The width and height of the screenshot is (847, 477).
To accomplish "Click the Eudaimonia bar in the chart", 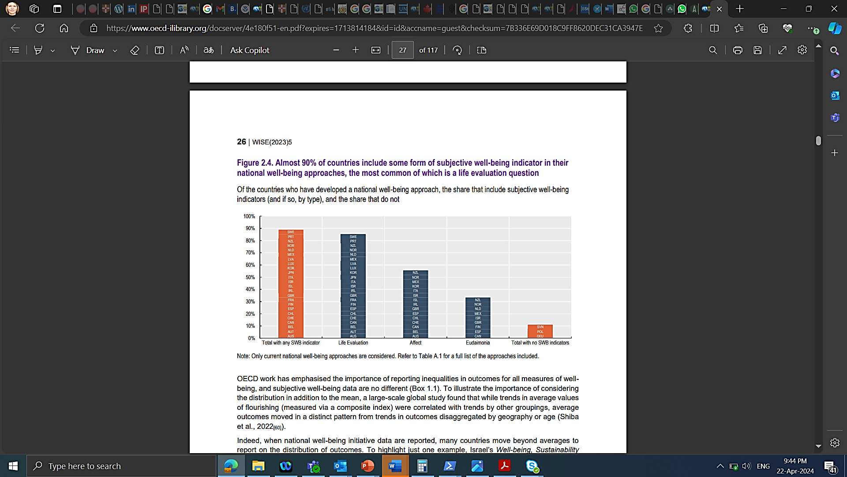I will [478, 318].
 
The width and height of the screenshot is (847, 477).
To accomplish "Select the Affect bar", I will [416, 304].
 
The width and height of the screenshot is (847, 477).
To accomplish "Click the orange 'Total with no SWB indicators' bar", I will [540, 331].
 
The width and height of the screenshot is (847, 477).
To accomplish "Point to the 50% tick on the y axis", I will [250, 277].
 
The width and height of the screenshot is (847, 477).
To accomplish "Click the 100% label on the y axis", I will [249, 216].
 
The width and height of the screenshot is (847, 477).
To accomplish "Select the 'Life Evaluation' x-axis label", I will [353, 343].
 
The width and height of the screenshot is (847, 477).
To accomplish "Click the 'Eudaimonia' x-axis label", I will [478, 343].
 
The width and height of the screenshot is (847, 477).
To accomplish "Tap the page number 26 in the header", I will [241, 142].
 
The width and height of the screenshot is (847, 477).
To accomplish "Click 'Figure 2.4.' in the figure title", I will [255, 163].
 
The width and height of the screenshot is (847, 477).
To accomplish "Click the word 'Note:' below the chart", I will [243, 356].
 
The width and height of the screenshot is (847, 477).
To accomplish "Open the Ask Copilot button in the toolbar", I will [250, 50].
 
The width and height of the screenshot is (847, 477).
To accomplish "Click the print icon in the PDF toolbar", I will [738, 50].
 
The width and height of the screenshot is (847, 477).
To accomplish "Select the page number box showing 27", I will [402, 50].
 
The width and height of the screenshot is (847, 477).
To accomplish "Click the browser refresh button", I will [40, 28].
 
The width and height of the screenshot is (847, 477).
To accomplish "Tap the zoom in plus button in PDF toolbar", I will [356, 50].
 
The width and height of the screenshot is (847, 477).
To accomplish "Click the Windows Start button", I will [13, 466].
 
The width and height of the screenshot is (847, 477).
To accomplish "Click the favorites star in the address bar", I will [659, 28].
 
